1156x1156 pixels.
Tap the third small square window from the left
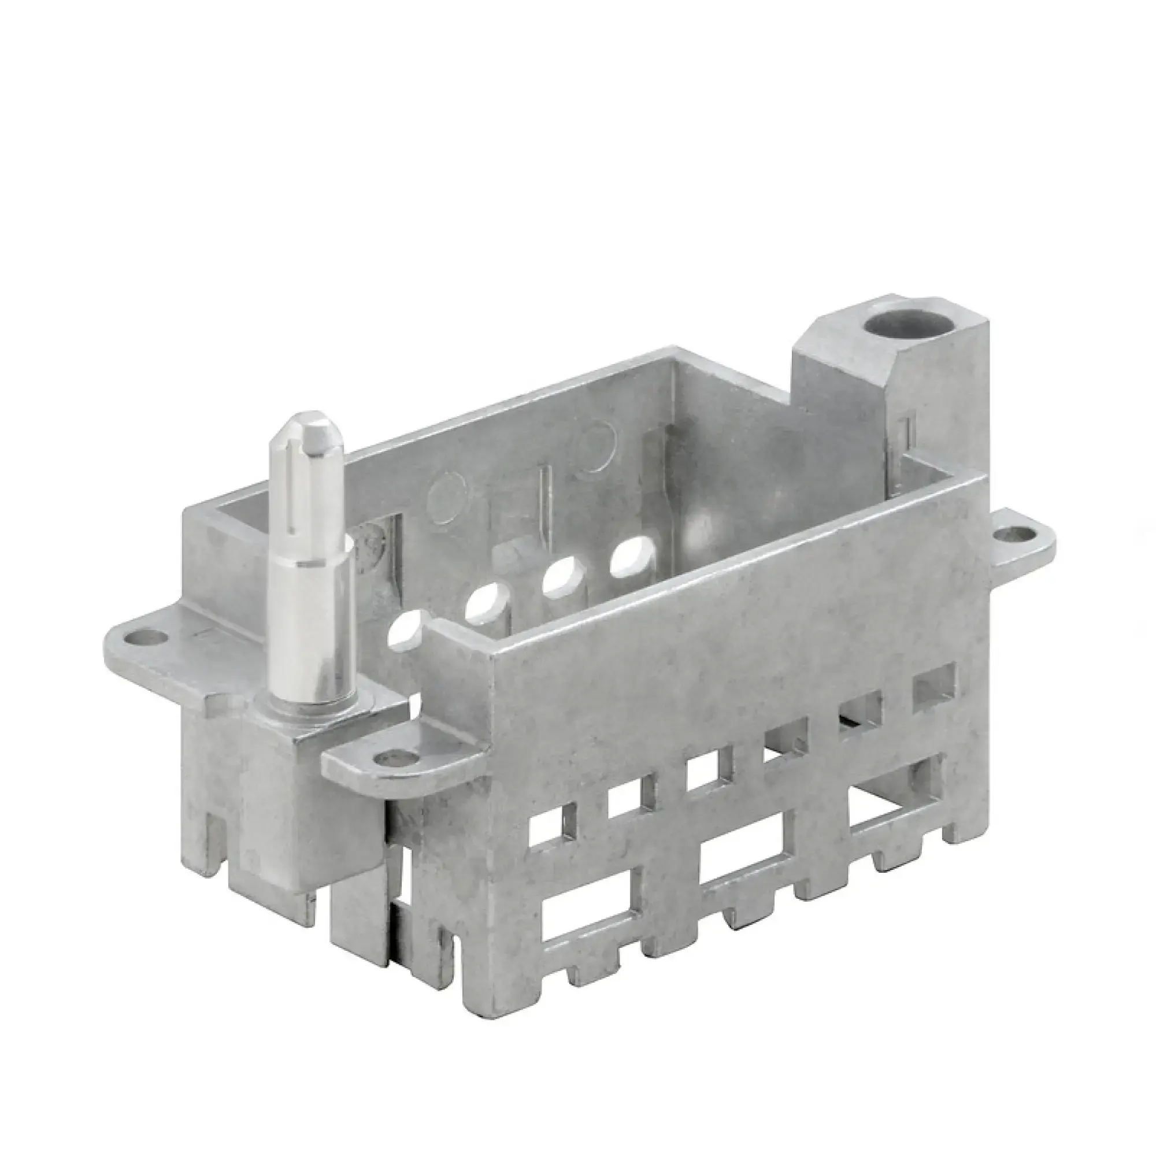point(708,772)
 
